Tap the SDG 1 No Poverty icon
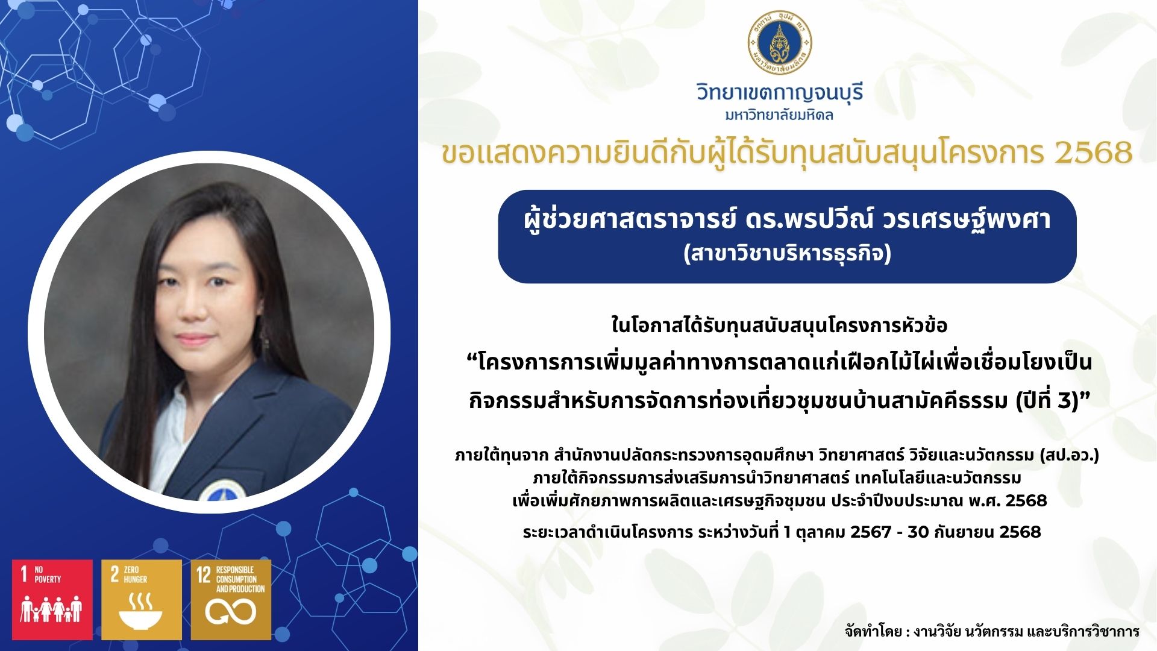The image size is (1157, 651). click(x=52, y=600)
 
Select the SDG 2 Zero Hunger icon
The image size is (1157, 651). click(x=142, y=600)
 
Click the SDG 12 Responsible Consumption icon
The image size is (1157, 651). click(x=231, y=600)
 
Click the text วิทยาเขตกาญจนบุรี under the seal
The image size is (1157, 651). click(x=780, y=93)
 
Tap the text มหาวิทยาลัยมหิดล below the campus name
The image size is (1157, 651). click(x=780, y=115)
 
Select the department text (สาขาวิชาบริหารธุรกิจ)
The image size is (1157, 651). click(x=787, y=254)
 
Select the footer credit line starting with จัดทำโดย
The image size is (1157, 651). click(x=992, y=631)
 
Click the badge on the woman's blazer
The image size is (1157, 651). click(x=221, y=491)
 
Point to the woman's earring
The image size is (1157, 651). click(x=263, y=333)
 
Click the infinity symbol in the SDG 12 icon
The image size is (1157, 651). click(x=231, y=612)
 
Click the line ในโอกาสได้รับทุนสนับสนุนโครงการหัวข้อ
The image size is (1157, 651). click(x=780, y=325)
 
